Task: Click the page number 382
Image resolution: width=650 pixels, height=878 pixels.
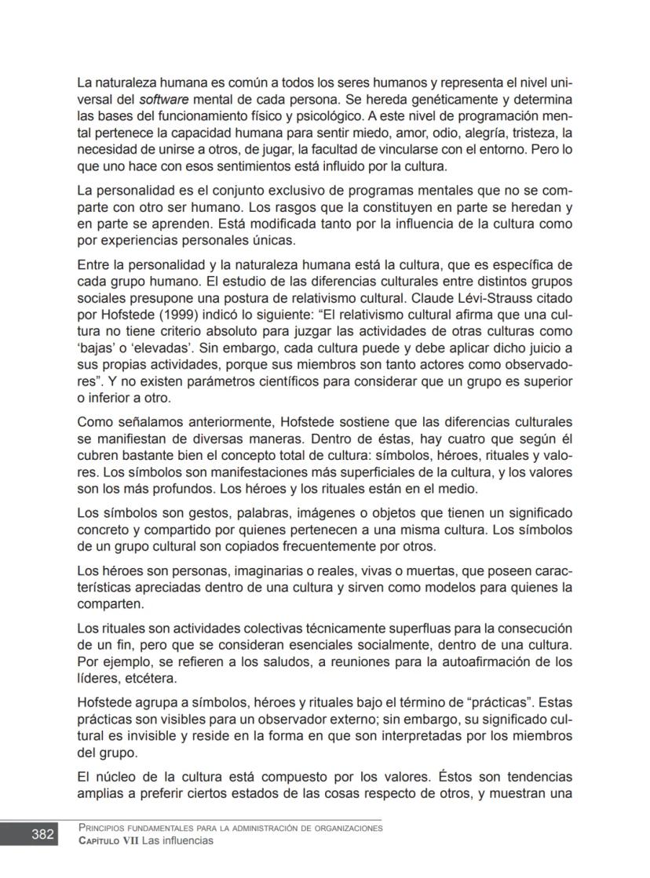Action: tap(42, 833)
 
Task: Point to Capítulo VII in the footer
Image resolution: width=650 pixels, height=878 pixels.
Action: tap(104, 841)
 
